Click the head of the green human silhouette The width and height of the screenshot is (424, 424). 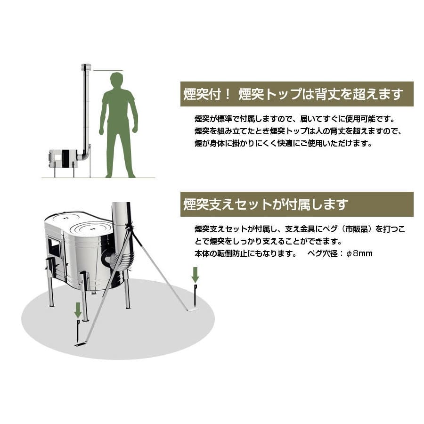[117, 81]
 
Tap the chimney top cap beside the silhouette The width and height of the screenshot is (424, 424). [87, 67]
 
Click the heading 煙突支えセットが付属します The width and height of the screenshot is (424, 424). [266, 204]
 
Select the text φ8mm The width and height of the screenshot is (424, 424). [359, 253]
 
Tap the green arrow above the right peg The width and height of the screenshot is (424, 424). [195, 275]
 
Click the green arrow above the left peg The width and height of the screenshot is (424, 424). [78, 310]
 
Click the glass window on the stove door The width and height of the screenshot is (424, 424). [55, 247]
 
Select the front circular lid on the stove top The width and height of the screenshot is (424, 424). [91, 229]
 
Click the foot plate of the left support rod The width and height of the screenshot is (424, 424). [80, 344]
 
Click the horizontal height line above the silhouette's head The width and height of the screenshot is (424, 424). [108, 71]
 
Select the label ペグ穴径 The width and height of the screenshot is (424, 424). [322, 253]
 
